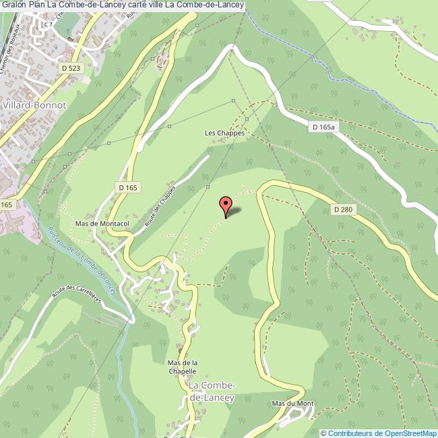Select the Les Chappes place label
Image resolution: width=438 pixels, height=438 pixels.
224,133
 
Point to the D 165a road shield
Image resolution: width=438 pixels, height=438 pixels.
324,127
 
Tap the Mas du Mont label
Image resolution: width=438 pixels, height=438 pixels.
293,404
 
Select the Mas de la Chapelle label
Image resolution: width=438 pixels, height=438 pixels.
181,366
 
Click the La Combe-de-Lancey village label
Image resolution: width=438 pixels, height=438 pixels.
212,391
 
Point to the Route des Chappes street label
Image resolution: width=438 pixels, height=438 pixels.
160,205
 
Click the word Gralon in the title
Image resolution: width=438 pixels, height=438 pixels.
15,5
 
